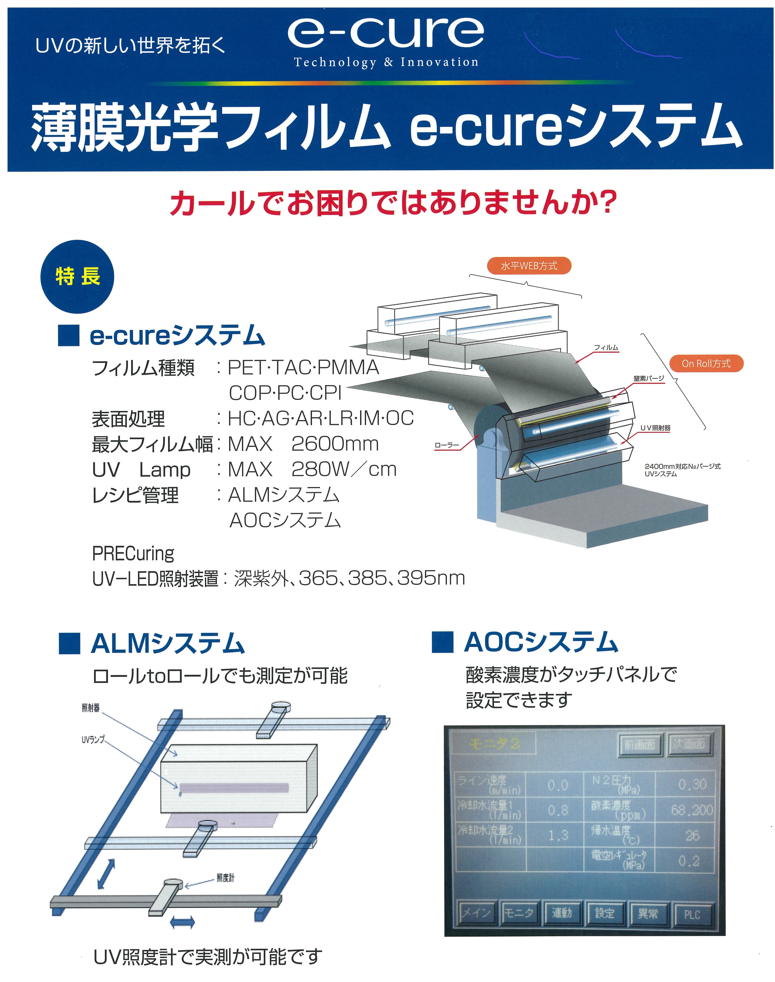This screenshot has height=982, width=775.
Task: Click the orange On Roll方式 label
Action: (706, 363)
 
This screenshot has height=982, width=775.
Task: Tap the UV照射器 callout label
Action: (655, 428)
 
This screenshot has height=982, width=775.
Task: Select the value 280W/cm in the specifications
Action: (344, 469)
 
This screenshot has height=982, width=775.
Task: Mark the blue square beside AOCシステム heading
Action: (442, 642)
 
